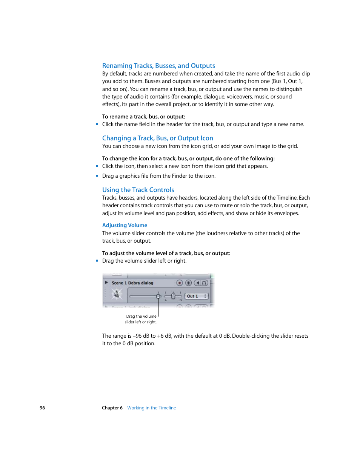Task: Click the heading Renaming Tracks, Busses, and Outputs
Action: pyautogui.click(x=158, y=66)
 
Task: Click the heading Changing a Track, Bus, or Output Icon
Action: pyautogui.click(x=157, y=138)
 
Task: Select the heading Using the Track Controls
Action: pyautogui.click(x=138, y=190)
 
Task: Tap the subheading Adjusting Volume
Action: pyautogui.click(x=125, y=225)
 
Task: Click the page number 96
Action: pyautogui.click(x=42, y=408)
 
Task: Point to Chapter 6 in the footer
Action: pyautogui.click(x=112, y=408)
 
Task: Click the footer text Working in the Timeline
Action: pyautogui.click(x=151, y=408)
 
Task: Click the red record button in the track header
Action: pyautogui.click(x=180, y=283)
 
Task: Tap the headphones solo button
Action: pyautogui.click(x=204, y=283)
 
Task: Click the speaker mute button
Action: pyautogui.click(x=197, y=283)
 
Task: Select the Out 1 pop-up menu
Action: pyautogui.click(x=197, y=296)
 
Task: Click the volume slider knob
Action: pyautogui.click(x=158, y=296)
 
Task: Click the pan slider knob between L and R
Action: pyautogui.click(x=173, y=296)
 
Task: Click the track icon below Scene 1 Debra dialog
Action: pyautogui.click(x=117, y=294)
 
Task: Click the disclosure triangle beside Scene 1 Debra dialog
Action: pyautogui.click(x=107, y=283)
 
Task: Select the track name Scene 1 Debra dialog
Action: pyautogui.click(x=132, y=283)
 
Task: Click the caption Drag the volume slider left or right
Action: pyautogui.click(x=141, y=319)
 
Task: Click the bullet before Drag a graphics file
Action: pyautogui.click(x=97, y=176)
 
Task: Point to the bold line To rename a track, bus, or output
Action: pyautogui.click(x=143, y=117)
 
